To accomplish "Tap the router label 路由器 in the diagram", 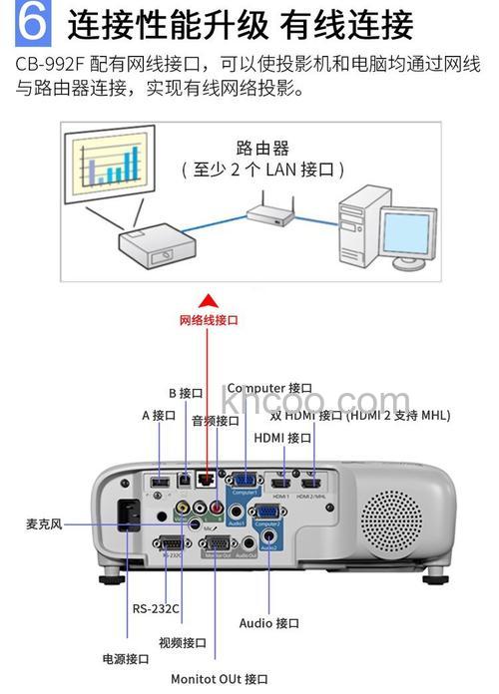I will point(262,149).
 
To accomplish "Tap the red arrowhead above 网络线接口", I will point(207,300).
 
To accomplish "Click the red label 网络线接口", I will point(209,320).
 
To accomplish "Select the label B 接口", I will point(186,394).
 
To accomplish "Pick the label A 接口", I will point(158,415).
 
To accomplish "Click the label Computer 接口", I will point(269,387).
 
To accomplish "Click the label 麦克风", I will point(44,522).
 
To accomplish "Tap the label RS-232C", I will point(156,608).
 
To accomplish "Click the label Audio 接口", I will point(269,623).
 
